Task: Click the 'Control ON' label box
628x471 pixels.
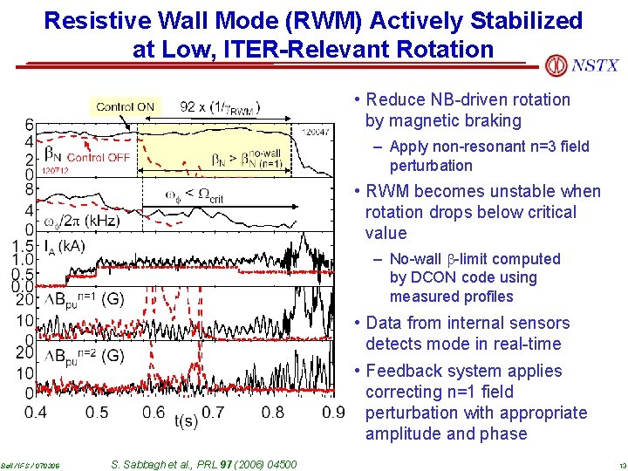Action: click(125, 107)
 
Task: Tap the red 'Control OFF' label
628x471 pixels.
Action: click(98, 157)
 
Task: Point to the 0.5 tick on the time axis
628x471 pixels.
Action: click(97, 412)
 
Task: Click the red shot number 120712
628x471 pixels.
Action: click(55, 171)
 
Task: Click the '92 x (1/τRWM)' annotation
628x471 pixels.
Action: click(220, 107)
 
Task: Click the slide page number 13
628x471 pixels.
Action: click(618, 465)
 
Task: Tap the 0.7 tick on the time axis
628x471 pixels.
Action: click(214, 412)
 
